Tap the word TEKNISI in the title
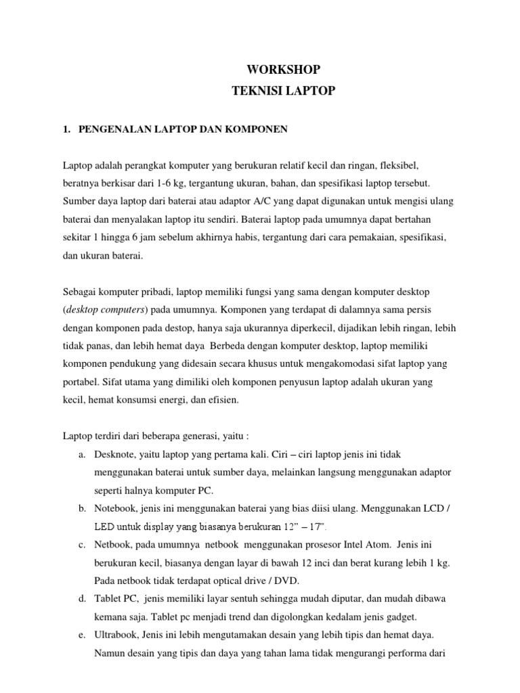point(256,91)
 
